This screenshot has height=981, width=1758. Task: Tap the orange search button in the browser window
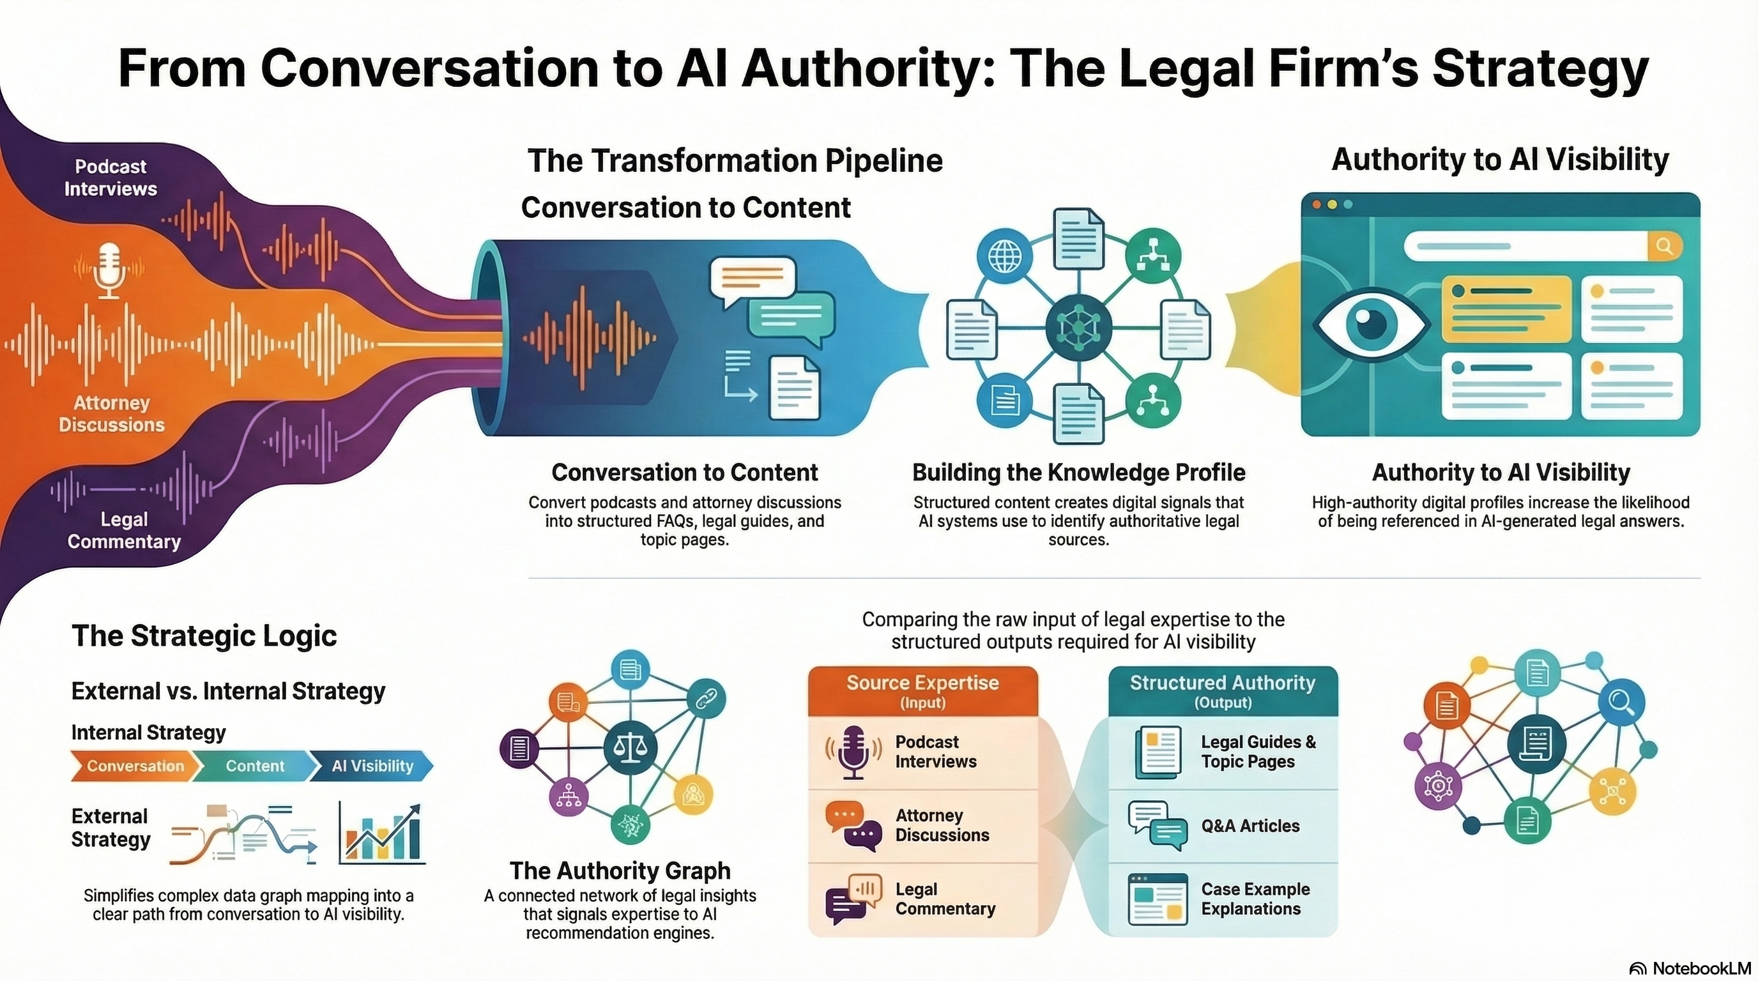point(1664,247)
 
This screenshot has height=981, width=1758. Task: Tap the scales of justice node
point(630,747)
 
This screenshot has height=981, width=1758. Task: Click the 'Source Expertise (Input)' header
point(922,690)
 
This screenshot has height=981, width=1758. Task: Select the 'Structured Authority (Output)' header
point(1222,690)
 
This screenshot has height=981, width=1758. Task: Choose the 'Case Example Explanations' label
point(1255,899)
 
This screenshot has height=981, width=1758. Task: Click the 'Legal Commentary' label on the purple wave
point(124,530)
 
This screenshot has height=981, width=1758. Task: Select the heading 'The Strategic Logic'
point(204,636)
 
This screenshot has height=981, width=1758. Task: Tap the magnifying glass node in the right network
point(1621,701)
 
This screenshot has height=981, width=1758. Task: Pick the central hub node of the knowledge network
point(1078,328)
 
